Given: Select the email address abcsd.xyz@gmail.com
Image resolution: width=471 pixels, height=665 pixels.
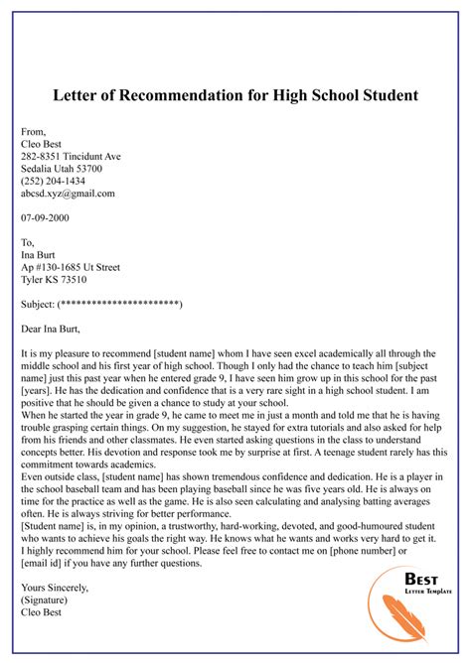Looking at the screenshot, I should pyautogui.click(x=68, y=194).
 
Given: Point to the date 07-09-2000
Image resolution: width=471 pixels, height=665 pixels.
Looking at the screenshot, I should pyautogui.click(x=45, y=217).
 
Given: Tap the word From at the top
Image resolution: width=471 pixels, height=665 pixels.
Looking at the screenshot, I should pyautogui.click(x=33, y=131).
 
